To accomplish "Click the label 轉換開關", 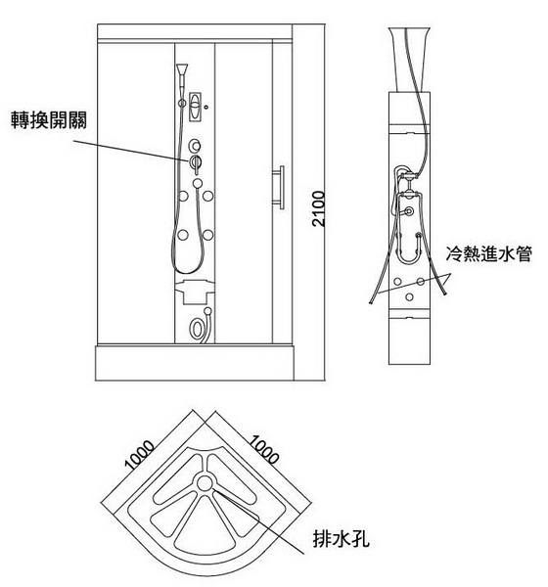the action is [49, 120].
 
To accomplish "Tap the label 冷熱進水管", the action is [489, 253].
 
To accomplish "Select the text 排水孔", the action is [341, 539].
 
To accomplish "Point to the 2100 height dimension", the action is [319, 208].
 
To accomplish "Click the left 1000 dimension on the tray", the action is [139, 455].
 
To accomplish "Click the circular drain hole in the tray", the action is [205, 483].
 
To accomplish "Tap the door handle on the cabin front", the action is [279, 187].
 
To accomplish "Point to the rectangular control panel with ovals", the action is [195, 107].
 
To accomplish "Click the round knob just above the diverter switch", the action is [195, 145].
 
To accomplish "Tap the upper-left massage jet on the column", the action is [183, 196].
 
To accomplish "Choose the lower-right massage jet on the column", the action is [207, 235].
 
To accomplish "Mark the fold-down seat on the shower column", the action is [195, 291].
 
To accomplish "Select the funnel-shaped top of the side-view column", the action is [409, 59].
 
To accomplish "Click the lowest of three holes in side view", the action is [409, 296].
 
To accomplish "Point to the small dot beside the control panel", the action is [206, 107].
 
